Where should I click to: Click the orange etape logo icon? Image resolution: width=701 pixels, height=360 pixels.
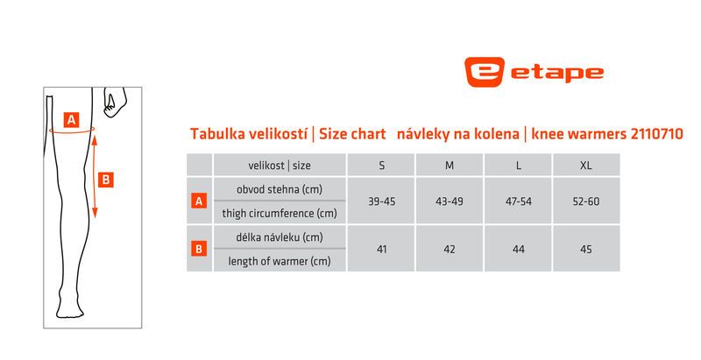(x=485, y=72)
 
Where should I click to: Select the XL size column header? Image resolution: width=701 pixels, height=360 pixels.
(x=586, y=166)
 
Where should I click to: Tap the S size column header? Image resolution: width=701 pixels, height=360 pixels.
(x=382, y=166)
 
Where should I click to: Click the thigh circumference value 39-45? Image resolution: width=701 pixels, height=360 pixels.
(x=382, y=201)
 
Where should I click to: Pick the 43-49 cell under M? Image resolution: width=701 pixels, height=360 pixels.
(x=450, y=201)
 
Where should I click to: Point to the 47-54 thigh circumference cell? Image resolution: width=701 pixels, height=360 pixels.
(x=519, y=201)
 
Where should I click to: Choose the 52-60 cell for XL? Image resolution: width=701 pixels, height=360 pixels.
(x=586, y=201)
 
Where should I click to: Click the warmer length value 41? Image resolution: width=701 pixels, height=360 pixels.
(x=382, y=250)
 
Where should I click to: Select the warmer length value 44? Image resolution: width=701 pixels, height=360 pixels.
(x=519, y=250)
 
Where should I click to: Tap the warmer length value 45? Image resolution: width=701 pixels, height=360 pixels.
(x=586, y=250)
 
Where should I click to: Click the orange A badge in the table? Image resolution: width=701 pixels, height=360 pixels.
(x=199, y=201)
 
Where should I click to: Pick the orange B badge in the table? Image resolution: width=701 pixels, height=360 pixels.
(x=199, y=249)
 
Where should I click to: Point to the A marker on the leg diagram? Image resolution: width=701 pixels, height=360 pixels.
(x=71, y=120)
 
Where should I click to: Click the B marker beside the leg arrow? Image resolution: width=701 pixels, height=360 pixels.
(x=105, y=180)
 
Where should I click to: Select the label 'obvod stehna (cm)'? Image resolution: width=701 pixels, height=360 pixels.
(x=280, y=189)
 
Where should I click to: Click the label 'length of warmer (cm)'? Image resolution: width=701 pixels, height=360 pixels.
(x=280, y=261)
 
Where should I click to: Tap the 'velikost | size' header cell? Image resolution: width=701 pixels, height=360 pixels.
(x=280, y=166)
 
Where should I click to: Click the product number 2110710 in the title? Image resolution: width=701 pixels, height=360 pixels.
(x=656, y=133)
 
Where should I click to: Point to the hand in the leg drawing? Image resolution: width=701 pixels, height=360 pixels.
(x=115, y=102)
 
